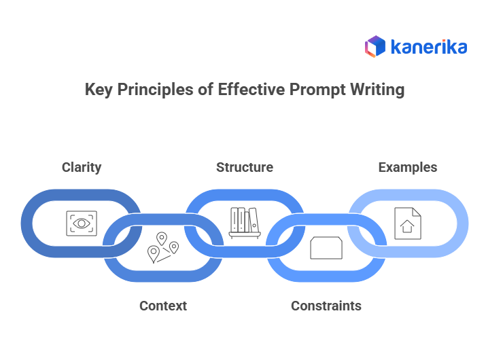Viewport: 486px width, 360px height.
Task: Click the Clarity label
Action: click(x=82, y=167)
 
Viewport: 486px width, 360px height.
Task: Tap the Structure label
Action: click(x=245, y=167)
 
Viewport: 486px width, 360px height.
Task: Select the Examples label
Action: click(x=408, y=167)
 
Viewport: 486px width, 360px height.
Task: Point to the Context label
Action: click(x=163, y=306)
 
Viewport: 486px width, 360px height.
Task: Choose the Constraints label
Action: click(x=326, y=306)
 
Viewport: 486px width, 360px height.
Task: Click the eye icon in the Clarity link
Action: click(x=82, y=223)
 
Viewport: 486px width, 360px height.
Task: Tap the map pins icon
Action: click(x=163, y=248)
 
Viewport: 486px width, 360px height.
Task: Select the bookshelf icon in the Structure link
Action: click(x=245, y=223)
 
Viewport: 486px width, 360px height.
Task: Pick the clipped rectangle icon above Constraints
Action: click(x=326, y=248)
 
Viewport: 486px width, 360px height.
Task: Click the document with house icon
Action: click(x=408, y=223)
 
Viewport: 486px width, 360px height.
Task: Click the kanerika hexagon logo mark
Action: click(x=375, y=46)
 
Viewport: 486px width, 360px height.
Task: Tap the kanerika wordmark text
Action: click(x=429, y=47)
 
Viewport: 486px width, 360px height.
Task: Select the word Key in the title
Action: click(x=99, y=90)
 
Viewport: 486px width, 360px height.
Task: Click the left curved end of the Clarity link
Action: click(x=29, y=223)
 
